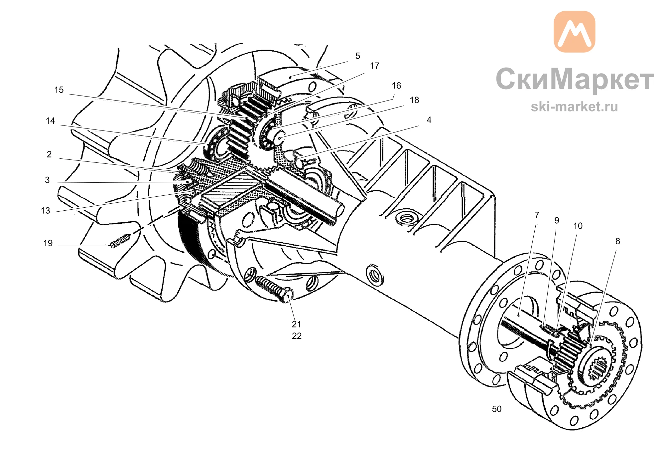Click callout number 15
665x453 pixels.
59,90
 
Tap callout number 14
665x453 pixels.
50,121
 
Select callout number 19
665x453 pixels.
48,243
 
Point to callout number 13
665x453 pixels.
45,211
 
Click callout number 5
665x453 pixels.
358,56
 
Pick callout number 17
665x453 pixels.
375,66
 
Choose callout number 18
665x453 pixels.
415,100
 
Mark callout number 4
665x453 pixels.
429,120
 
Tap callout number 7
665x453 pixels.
537,215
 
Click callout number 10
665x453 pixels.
578,226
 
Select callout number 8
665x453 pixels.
618,241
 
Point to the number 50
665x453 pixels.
497,409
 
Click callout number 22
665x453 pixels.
297,336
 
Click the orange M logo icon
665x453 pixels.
574,32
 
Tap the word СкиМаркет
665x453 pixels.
575,79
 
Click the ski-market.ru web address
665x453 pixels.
574,107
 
